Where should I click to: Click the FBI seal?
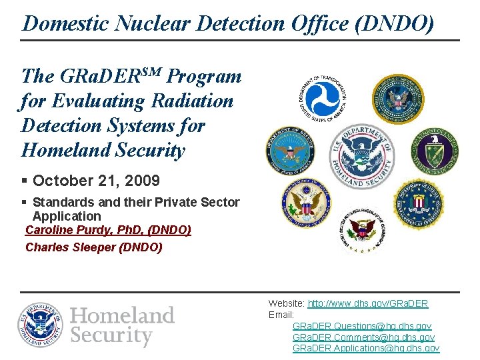419,203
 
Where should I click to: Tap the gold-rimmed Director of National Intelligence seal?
397,99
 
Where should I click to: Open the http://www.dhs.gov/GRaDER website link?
367,303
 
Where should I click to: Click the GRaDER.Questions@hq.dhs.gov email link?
362,326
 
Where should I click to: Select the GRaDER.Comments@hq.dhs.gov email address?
363,337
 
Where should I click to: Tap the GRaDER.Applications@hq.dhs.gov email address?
366,349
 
